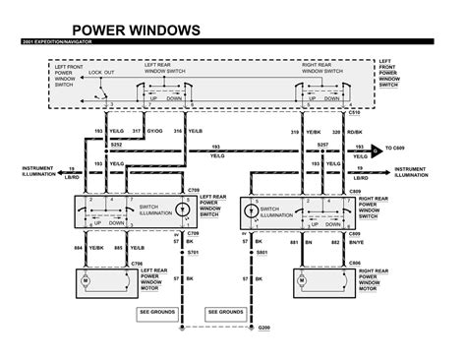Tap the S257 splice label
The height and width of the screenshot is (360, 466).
pyautogui.click(x=321, y=144)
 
